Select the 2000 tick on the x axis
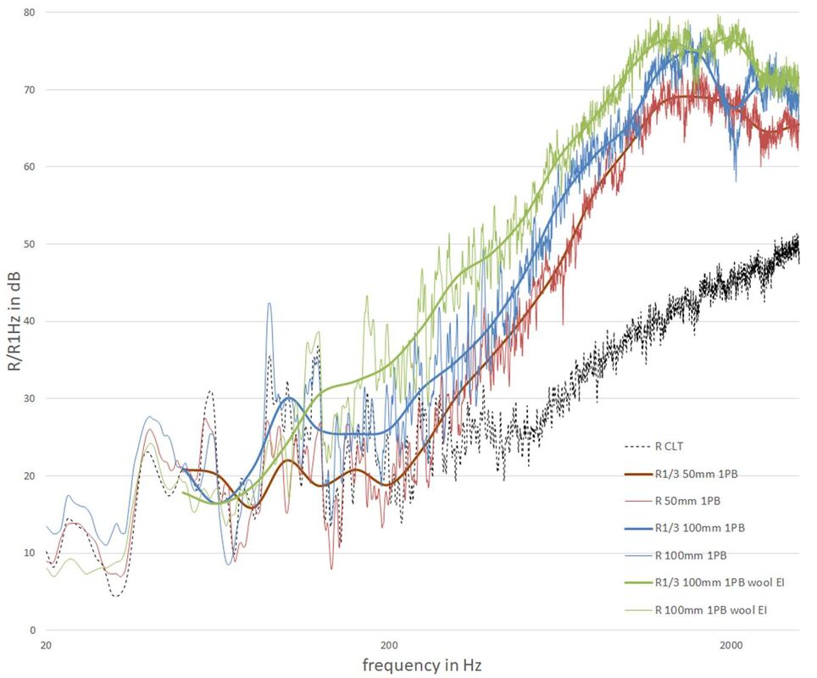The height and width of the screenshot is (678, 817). pos(731,645)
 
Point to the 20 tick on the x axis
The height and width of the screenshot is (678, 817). pos(47,645)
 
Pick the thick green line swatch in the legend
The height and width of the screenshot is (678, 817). pos(636,582)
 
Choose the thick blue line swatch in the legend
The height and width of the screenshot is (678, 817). pos(636,527)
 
